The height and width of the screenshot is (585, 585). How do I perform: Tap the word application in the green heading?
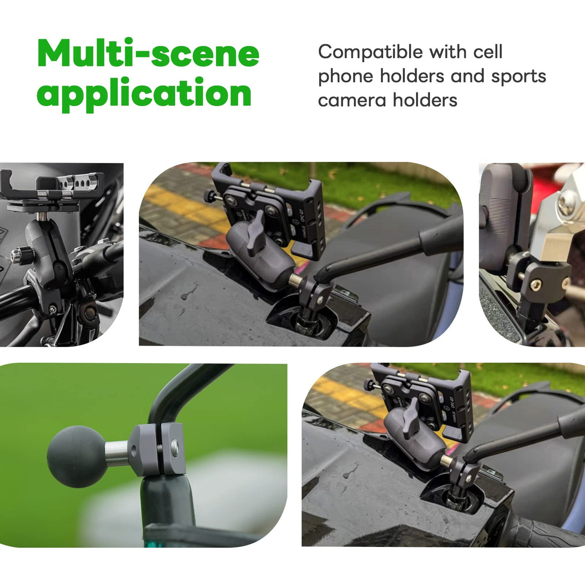pos(144,94)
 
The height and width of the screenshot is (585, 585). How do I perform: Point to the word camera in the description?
pos(352,100)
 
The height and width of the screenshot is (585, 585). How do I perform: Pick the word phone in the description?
pos(346,77)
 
